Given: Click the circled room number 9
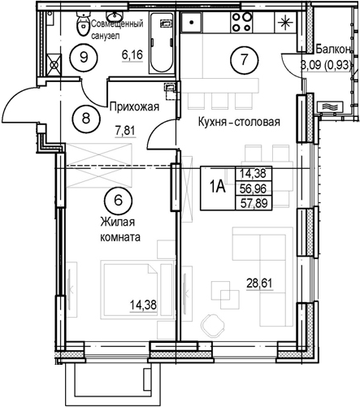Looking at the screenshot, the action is coord(84,57).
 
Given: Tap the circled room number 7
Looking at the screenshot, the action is coord(244,59).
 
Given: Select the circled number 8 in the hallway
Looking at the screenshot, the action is coord(86,119).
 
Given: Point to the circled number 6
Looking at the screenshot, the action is coord(118,201).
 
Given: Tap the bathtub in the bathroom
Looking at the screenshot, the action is coord(162,42).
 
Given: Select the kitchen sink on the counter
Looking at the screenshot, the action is coord(192,23).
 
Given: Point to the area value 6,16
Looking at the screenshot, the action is coord(132,55).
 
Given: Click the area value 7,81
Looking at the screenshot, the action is coord(125,132).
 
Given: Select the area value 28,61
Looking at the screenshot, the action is coord(259,284).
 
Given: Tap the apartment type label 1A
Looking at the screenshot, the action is coord(218,187).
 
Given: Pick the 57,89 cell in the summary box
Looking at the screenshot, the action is coord(254,202).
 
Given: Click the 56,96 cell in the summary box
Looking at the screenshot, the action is coord(254,188).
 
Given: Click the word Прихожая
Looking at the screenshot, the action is coord(134,107).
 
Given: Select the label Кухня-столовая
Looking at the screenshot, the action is coord(239,122).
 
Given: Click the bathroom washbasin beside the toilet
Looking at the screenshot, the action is coord(115,16).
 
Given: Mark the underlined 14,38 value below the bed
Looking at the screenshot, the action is coord(143,305).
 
